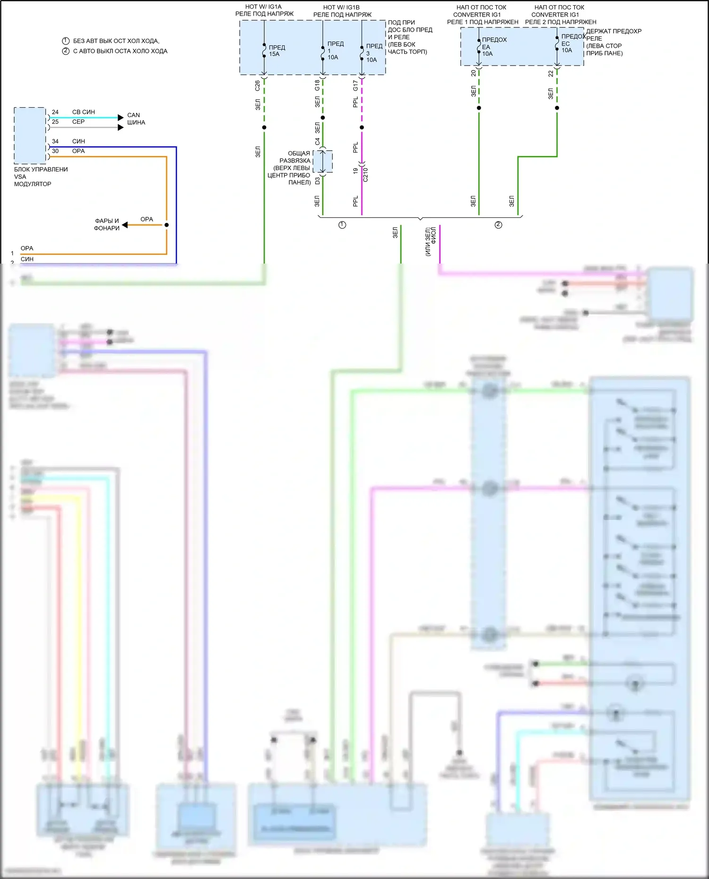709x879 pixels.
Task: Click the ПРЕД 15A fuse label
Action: click(277, 51)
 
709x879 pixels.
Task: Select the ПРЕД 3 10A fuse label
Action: click(373, 53)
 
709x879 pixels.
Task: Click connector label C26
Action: click(258, 85)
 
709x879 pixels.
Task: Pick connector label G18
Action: click(317, 85)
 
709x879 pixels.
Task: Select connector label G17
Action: click(355, 85)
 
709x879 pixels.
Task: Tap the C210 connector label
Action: click(365, 175)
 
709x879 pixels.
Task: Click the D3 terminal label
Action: click(317, 180)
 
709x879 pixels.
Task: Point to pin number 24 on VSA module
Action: click(55, 112)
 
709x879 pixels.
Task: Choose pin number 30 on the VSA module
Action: click(55, 151)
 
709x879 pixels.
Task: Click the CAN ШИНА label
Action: click(136, 119)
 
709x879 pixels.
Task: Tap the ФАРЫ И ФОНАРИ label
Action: click(107, 224)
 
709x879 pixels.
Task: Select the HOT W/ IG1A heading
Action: click(263, 7)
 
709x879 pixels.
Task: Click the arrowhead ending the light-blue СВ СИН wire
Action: click(121, 117)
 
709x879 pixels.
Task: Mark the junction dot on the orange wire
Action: click(166, 225)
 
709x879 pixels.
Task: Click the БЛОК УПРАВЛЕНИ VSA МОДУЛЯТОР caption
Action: click(41, 177)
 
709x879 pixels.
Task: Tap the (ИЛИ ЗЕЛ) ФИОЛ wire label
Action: click(431, 242)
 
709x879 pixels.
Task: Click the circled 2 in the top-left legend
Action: click(66, 51)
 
